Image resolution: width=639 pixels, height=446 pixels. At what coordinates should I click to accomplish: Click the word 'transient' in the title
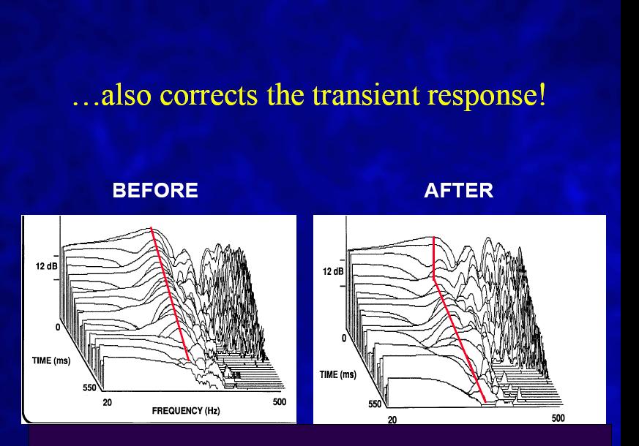(365, 95)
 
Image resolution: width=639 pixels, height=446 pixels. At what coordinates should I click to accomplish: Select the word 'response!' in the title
(487, 97)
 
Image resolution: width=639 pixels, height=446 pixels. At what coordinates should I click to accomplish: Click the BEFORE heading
(155, 190)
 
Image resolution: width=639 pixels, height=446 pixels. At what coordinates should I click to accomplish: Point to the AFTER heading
(458, 190)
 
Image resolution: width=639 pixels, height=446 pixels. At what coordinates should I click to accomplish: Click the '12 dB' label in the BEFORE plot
(46, 266)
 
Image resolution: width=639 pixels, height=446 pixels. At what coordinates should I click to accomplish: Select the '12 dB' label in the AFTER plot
(333, 271)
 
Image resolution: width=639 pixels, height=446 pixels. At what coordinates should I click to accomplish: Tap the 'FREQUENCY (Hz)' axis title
(186, 411)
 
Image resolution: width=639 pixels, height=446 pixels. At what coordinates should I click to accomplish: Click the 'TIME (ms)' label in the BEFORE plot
(51, 360)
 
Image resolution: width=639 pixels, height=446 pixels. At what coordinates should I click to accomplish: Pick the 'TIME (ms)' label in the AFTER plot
(338, 374)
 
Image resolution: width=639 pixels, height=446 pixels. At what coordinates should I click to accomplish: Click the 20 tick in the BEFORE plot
(107, 402)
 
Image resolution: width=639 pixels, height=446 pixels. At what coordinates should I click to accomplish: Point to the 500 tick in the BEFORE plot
(280, 402)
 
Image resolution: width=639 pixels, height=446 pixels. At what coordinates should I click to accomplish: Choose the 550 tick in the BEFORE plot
(89, 388)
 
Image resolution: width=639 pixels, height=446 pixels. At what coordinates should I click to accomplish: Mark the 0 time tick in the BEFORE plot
(58, 327)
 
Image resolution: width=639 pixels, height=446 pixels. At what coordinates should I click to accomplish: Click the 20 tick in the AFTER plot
(392, 420)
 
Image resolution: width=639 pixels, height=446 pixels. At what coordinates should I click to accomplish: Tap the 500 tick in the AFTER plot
(558, 418)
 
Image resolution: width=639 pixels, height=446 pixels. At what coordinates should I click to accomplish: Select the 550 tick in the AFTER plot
(375, 404)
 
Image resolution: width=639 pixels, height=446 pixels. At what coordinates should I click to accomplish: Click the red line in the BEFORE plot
(170, 294)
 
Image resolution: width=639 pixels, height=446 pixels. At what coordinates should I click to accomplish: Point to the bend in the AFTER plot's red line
(433, 279)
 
